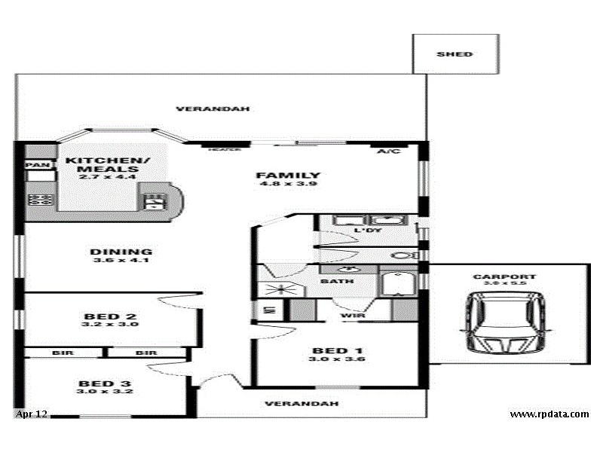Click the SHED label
[x=455, y=54]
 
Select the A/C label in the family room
[x=389, y=151]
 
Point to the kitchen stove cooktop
[x=40, y=200]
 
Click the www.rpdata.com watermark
[x=549, y=414]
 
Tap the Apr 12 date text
[x=31, y=414]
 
